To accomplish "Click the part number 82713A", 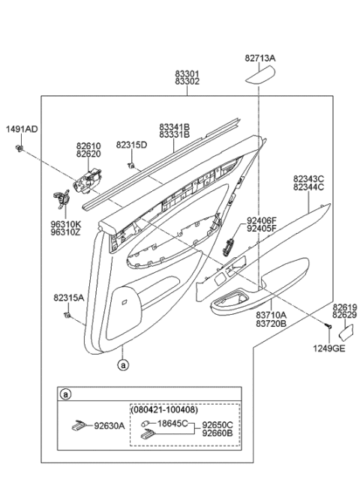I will [x=259, y=57].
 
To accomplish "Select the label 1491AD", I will [x=22, y=129].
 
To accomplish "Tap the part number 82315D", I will [x=131, y=145].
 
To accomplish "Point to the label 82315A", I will [x=68, y=298].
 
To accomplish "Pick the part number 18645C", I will [x=173, y=424].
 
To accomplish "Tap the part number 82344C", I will [x=308, y=187].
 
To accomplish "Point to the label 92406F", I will [x=262, y=220].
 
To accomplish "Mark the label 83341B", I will [x=174, y=127].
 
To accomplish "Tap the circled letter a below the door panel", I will [x=121, y=364].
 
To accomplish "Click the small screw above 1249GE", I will [x=328, y=328].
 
